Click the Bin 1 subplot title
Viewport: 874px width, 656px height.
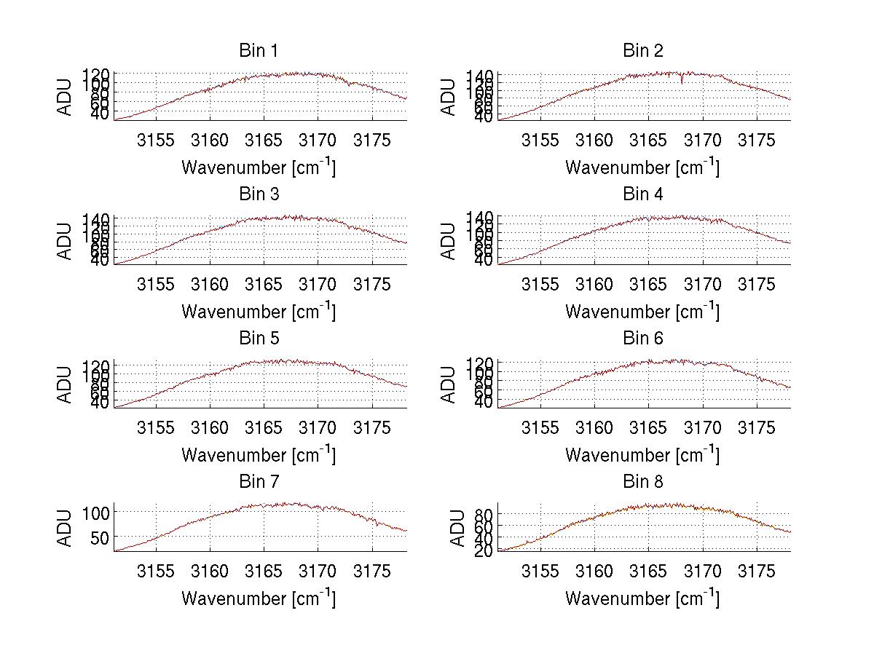point(259,51)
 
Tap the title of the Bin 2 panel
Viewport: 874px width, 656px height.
point(643,51)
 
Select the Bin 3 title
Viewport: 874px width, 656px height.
point(259,194)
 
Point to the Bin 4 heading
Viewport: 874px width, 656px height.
point(643,194)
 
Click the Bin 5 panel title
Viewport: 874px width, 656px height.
point(259,339)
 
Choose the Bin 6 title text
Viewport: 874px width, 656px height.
point(643,339)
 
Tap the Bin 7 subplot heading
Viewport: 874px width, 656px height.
point(259,482)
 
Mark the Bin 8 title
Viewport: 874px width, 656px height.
point(643,482)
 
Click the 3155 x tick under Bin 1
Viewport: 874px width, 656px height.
point(156,141)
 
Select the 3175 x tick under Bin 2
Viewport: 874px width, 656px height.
point(757,141)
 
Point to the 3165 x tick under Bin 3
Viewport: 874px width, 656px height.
point(264,284)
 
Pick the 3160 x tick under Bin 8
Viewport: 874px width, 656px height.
point(594,572)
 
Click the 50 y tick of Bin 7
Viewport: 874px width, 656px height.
point(101,537)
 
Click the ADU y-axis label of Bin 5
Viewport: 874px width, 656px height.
point(65,384)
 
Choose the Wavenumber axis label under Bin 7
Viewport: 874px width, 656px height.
point(259,598)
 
